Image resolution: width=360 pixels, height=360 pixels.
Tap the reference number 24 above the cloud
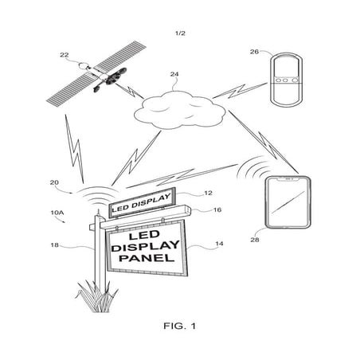[x=174, y=76]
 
